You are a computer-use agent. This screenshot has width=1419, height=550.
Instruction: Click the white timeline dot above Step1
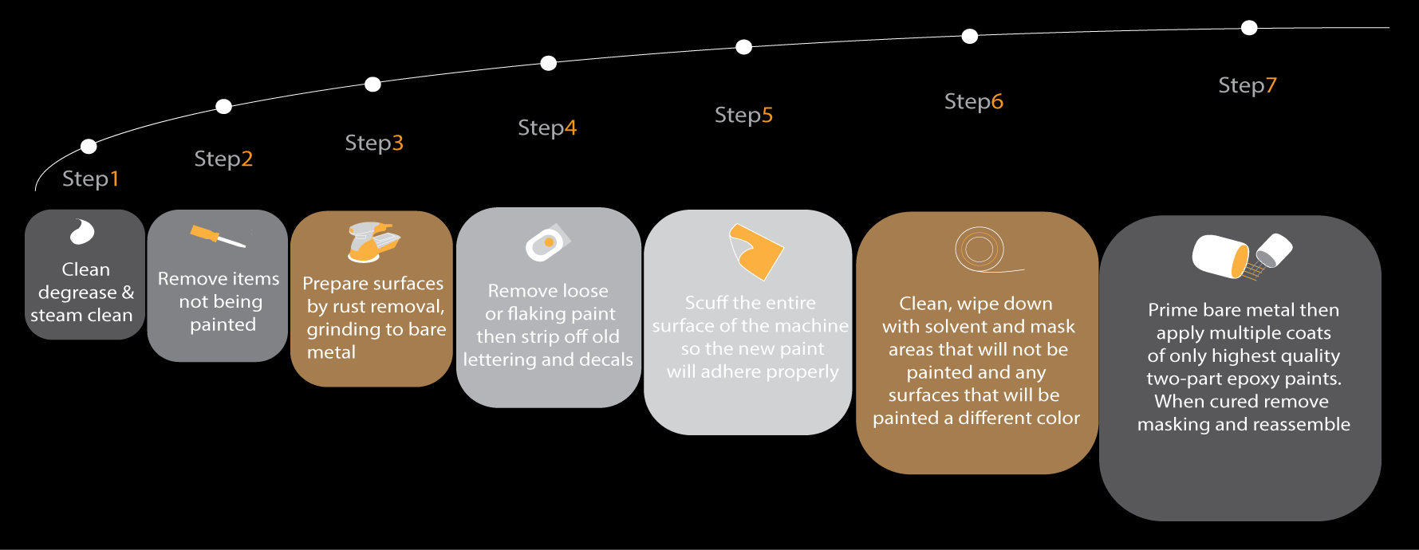pos(89,146)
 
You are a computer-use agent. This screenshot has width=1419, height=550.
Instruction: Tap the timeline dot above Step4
pos(549,63)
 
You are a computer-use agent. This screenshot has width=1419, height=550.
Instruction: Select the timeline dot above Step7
pos(1249,28)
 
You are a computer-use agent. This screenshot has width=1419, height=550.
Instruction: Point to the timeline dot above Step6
pos(970,36)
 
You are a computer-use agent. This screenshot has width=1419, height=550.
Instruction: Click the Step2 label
pos(223,159)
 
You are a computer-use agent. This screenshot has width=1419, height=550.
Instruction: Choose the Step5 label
pos(743,116)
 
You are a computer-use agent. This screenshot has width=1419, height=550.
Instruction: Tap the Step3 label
pos(374,143)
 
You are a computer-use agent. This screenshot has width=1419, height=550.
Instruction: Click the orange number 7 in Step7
pos(1271,85)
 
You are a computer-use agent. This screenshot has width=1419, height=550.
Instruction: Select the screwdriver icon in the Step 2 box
pos(218,237)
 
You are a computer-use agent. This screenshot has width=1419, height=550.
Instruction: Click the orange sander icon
pos(372,242)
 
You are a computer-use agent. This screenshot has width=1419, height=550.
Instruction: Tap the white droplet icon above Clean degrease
pos(82,231)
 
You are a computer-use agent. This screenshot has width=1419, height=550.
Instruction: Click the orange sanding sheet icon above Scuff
pos(756,251)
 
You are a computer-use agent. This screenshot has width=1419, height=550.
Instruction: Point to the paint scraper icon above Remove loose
pos(548,243)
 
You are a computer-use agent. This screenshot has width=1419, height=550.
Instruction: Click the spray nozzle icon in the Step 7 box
pos(1267,257)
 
